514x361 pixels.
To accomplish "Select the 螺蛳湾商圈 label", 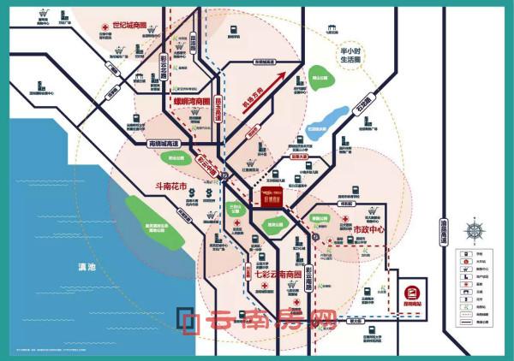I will [192, 112].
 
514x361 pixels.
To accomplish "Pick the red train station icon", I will [409, 292].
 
